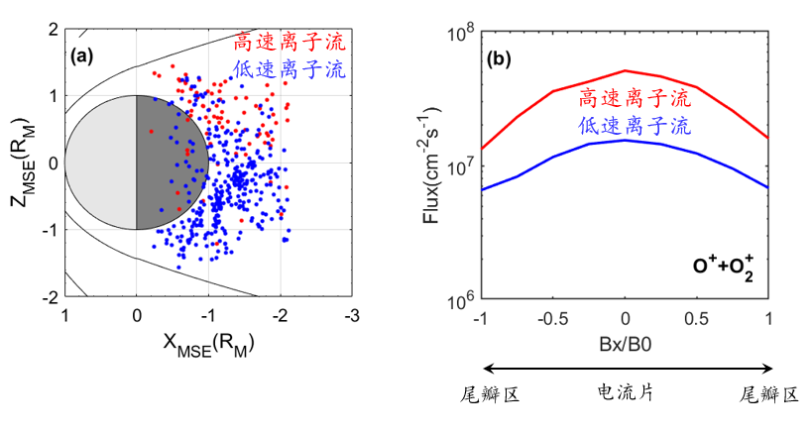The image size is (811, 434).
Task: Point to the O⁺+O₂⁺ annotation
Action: (x=724, y=269)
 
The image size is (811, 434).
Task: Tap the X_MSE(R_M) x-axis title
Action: (x=207, y=344)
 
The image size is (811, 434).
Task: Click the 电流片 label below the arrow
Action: (x=626, y=394)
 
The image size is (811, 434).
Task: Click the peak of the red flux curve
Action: (x=625, y=70)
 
